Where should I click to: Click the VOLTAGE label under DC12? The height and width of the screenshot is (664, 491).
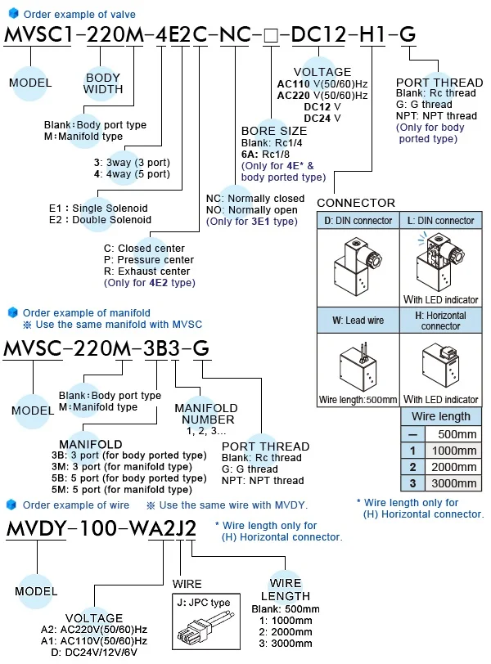point(327,72)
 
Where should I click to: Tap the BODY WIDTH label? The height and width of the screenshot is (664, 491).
point(103,83)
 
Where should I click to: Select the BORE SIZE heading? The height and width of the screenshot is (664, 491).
point(274,131)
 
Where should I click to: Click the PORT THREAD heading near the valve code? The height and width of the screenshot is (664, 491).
point(439,83)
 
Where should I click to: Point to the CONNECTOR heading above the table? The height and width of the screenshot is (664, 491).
point(355,203)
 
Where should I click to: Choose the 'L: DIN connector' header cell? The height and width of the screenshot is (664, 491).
point(441,221)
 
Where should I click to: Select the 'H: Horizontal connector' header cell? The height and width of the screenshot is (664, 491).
point(441,320)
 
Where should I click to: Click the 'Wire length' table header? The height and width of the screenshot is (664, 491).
point(441,416)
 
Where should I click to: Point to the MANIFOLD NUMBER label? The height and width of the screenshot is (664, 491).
point(205,413)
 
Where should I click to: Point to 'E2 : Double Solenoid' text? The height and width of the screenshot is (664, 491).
point(101,219)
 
